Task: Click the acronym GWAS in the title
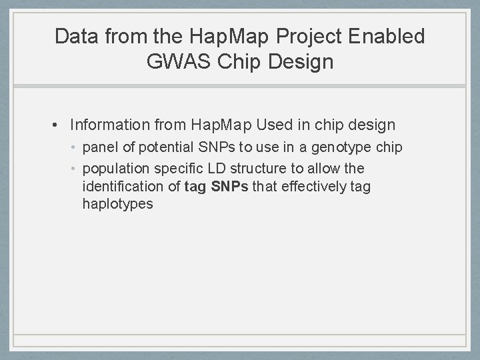click(175, 63)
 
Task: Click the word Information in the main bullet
click(111, 125)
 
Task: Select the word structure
click(255, 169)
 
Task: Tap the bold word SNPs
click(229, 187)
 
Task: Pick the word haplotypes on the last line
click(117, 204)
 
